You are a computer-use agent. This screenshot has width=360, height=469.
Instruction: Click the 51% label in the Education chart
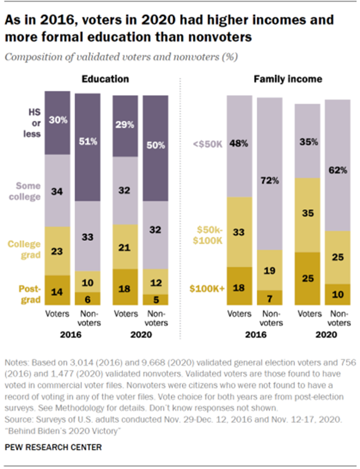(x=87, y=141)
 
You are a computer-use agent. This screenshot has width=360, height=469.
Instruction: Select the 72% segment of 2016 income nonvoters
(x=270, y=180)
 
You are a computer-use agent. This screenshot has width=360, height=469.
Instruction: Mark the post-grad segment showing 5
(x=156, y=300)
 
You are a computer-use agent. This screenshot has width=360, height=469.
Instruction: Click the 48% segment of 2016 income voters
(x=240, y=144)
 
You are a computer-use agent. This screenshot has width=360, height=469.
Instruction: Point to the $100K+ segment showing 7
(x=270, y=297)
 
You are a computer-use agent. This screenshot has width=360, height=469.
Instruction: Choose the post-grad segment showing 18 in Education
(x=125, y=288)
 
